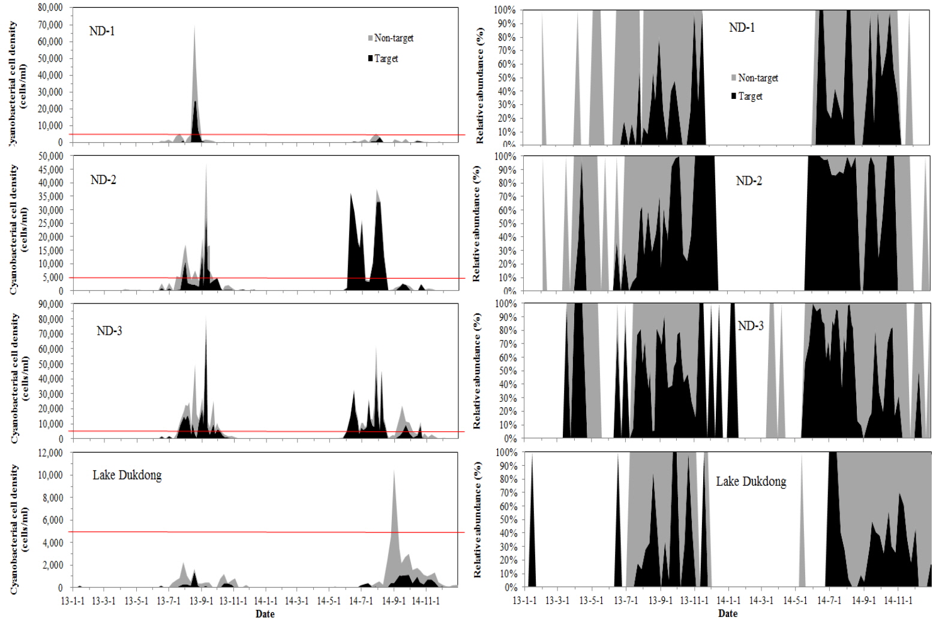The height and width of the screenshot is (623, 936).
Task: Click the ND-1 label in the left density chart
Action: coord(101,31)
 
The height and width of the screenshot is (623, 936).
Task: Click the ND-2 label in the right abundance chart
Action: coord(749,181)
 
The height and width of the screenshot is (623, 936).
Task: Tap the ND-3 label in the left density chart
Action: coord(109,331)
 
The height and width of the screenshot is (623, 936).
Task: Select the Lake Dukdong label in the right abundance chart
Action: coord(751,481)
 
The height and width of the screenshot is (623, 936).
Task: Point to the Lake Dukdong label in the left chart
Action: coord(127,475)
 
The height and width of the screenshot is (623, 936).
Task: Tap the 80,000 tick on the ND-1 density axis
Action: coord(50,8)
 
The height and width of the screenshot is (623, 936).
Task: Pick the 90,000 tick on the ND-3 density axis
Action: coord(50,304)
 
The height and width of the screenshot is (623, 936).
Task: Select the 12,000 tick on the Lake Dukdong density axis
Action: coord(50,453)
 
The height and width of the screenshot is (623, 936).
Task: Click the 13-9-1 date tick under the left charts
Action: coord(201,601)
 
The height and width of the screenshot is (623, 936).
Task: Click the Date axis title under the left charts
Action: coord(265,614)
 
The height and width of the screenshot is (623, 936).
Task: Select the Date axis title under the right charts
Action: coord(728,613)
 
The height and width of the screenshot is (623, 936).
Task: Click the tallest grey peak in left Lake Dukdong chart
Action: coord(394,471)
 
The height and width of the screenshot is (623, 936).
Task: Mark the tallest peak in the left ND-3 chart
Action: coord(206,318)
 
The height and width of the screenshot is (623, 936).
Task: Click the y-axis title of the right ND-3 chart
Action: coord(478,371)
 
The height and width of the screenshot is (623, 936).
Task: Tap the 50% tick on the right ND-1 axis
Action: coord(506,78)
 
